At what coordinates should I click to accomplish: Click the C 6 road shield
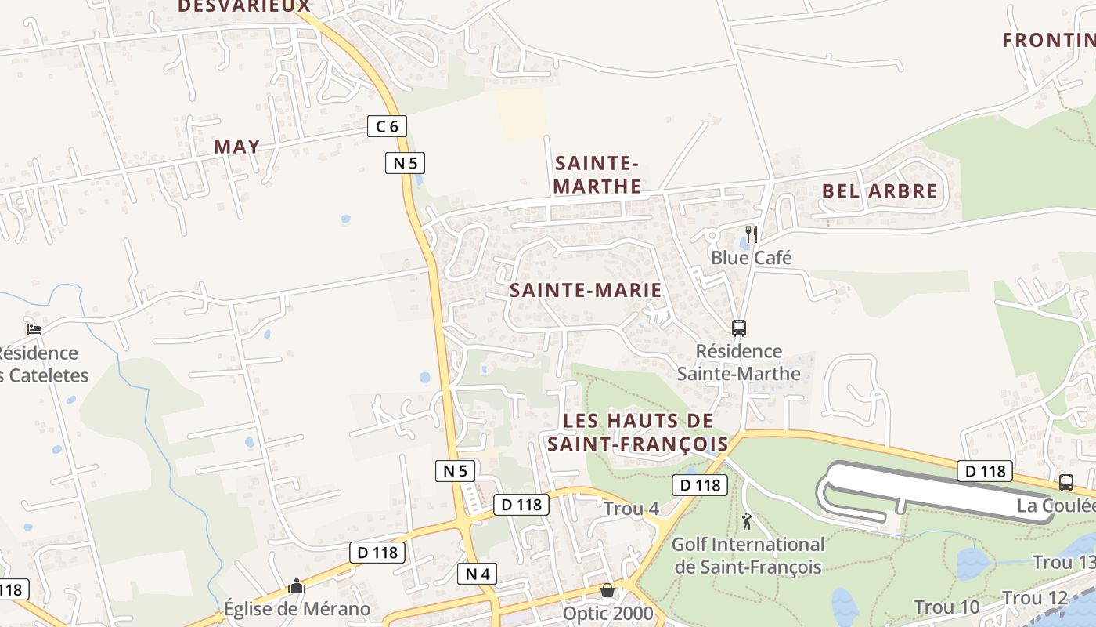point(387,125)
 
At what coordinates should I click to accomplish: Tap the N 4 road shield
point(477,574)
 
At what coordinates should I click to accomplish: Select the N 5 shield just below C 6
point(405,163)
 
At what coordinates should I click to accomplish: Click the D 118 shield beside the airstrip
point(985,471)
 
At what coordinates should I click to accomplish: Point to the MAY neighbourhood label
point(236,147)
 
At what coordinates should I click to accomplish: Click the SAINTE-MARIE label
point(586,290)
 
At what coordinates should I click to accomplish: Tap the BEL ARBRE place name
point(879,190)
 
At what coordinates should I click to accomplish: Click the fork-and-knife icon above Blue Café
point(751,234)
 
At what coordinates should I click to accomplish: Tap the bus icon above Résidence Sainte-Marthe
point(738,328)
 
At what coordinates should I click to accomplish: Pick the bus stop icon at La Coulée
point(1065,483)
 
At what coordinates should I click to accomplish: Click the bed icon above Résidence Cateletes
point(34,329)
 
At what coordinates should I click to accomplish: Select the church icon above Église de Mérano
point(296,585)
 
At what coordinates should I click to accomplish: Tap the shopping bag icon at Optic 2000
point(607,589)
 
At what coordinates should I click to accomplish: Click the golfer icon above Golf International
point(747,520)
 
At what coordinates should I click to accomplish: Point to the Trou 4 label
point(631,509)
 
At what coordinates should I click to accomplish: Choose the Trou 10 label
point(946,607)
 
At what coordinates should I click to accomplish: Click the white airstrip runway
point(939,488)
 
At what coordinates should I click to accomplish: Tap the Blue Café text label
point(751,257)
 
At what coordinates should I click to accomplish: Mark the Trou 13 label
point(1063,563)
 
